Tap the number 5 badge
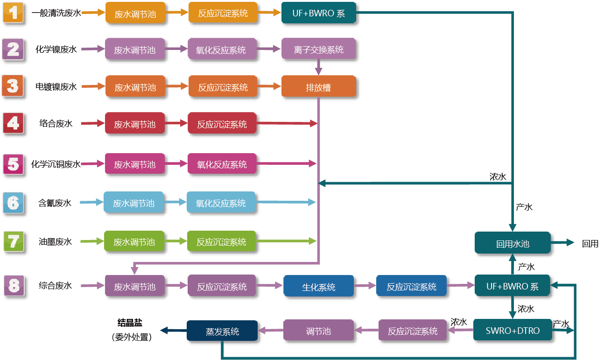point(14,164)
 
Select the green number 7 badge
point(14,242)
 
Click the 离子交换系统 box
point(318,49)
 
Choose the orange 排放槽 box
point(318,87)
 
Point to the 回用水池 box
point(513,244)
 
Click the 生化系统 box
point(318,287)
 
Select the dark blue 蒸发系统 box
point(222,331)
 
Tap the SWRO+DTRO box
point(513,331)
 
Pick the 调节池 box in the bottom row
point(318,331)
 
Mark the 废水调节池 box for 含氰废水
point(133,203)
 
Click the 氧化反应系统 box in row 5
point(222,164)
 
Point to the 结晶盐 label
point(130,323)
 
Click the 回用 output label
point(590,244)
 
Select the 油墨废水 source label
point(55,242)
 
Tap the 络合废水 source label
point(55,124)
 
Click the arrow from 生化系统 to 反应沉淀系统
point(365,285)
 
